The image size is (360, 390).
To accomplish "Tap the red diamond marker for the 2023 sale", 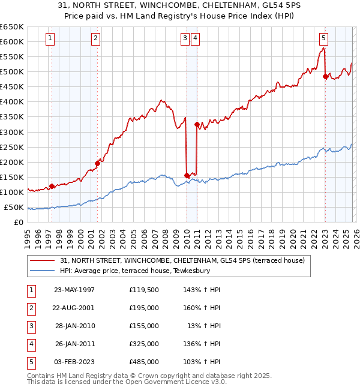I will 325,76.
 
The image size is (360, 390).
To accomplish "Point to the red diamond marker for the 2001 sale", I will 97,163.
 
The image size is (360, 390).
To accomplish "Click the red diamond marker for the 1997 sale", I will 52,186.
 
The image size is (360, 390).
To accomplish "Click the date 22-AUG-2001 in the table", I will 74,308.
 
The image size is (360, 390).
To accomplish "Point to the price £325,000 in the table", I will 144,344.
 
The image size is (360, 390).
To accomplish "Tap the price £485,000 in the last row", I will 144,362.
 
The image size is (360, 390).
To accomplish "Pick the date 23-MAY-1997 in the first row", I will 74,290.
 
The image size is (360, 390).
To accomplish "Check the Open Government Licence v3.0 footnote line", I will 127,382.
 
